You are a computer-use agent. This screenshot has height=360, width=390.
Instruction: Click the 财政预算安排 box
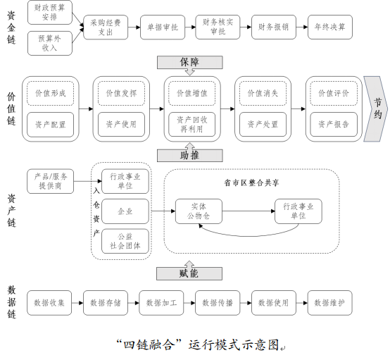coord(50,12)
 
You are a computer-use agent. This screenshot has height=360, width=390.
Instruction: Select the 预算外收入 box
coord(50,43)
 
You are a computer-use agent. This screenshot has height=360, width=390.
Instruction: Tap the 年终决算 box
coord(330,27)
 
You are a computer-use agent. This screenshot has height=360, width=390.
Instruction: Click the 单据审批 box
coord(163,27)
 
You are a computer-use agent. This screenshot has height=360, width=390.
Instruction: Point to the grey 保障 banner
coord(190,62)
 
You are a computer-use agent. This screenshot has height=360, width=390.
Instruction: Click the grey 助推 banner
coord(190,156)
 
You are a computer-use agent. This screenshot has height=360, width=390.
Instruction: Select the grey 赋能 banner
coord(189,273)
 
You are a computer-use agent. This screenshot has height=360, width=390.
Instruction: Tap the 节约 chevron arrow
coord(376,108)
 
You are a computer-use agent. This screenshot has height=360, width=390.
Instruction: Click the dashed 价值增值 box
coord(192,93)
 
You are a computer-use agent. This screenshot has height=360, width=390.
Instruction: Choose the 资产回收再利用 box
coord(192,124)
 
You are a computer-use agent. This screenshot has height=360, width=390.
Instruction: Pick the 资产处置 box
coord(263,124)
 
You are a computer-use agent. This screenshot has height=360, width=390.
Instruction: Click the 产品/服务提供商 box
coord(51,181)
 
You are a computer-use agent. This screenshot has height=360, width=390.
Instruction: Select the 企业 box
coord(125,211)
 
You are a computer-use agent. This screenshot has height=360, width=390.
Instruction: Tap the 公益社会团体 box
coord(125,241)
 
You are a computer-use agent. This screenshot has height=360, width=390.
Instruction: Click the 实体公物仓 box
coord(199,211)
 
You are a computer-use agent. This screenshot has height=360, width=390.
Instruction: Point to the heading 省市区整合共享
coord(251,183)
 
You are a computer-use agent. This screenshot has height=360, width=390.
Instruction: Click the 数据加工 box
coord(161,303)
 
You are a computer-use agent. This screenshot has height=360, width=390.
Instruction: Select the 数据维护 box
coord(330,303)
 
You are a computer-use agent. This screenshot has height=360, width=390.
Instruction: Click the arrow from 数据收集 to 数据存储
coord(77,303)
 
